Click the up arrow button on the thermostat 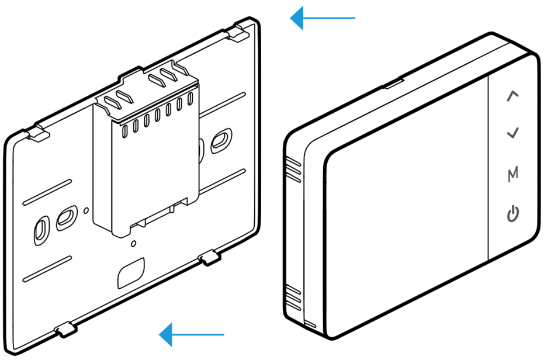[512, 96]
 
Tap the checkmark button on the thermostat [513, 133]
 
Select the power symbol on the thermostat [513, 213]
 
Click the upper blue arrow [323, 18]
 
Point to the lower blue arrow [192, 334]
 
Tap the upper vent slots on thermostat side [293, 170]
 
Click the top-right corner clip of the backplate [239, 31]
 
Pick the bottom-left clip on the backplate [65, 329]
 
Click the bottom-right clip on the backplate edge [210, 257]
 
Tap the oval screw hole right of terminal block [221, 141]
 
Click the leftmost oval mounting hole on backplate [41, 231]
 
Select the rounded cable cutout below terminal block [131, 273]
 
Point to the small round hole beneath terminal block [133, 243]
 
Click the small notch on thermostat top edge [394, 84]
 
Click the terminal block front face [155, 176]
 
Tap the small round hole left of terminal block [86, 210]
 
